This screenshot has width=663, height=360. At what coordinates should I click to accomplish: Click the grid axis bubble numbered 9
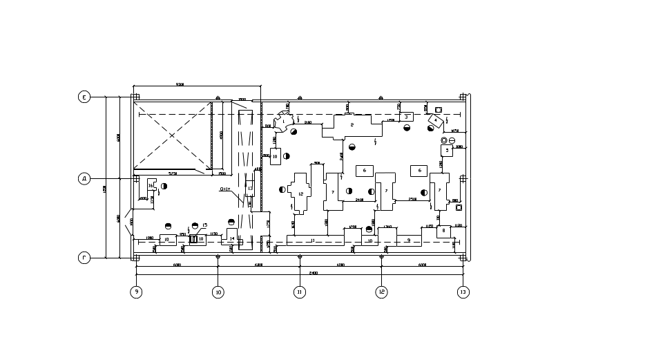[x=137, y=292]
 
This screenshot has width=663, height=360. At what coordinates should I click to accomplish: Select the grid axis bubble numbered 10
[x=218, y=292]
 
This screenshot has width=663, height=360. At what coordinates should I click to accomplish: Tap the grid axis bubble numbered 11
[x=300, y=292]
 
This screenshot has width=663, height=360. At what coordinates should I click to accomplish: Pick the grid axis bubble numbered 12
[x=381, y=292]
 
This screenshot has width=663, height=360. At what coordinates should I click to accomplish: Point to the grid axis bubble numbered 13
[x=463, y=292]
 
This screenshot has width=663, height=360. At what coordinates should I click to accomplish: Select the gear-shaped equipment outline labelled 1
[x=283, y=122]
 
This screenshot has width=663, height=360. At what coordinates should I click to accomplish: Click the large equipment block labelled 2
[x=352, y=125]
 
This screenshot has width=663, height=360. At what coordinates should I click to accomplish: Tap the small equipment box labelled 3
[x=407, y=117]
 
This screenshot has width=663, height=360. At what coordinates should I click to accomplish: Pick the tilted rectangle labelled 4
[x=436, y=122]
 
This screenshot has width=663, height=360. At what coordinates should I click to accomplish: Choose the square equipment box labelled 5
[x=448, y=149]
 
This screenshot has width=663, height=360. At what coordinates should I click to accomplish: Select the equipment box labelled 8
[x=276, y=156]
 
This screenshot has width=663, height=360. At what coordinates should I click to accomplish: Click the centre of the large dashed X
[x=172, y=135]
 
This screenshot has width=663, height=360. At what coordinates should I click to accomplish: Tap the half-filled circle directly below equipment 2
[x=353, y=146]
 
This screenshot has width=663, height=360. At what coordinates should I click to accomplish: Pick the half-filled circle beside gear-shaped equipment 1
[x=294, y=130]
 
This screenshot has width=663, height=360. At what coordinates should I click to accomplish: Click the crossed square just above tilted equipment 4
[x=438, y=109]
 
